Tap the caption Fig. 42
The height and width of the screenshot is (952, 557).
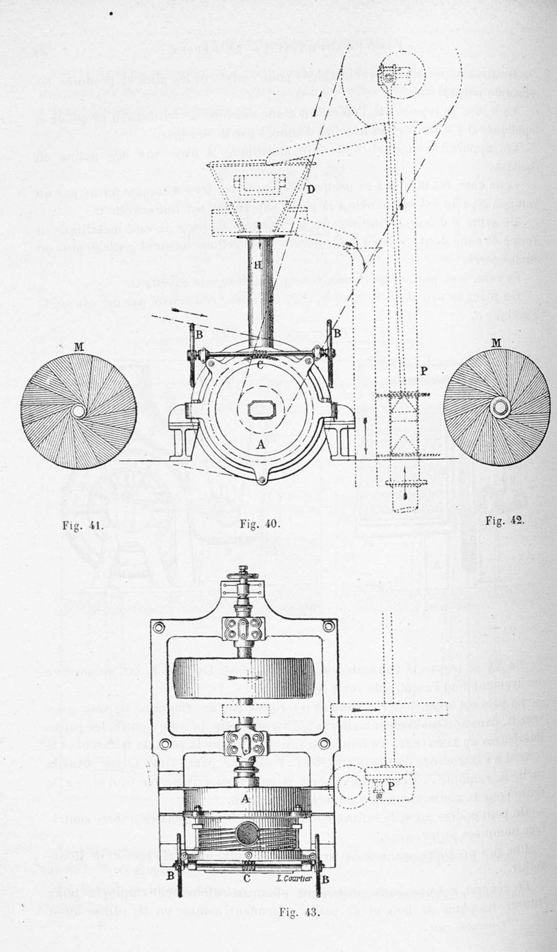(505, 520)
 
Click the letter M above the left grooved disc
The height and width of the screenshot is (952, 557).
(78, 346)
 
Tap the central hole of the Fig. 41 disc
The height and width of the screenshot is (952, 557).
(79, 411)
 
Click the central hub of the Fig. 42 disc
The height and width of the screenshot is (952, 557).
(500, 407)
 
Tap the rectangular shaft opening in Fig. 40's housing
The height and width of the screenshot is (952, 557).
(262, 409)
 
